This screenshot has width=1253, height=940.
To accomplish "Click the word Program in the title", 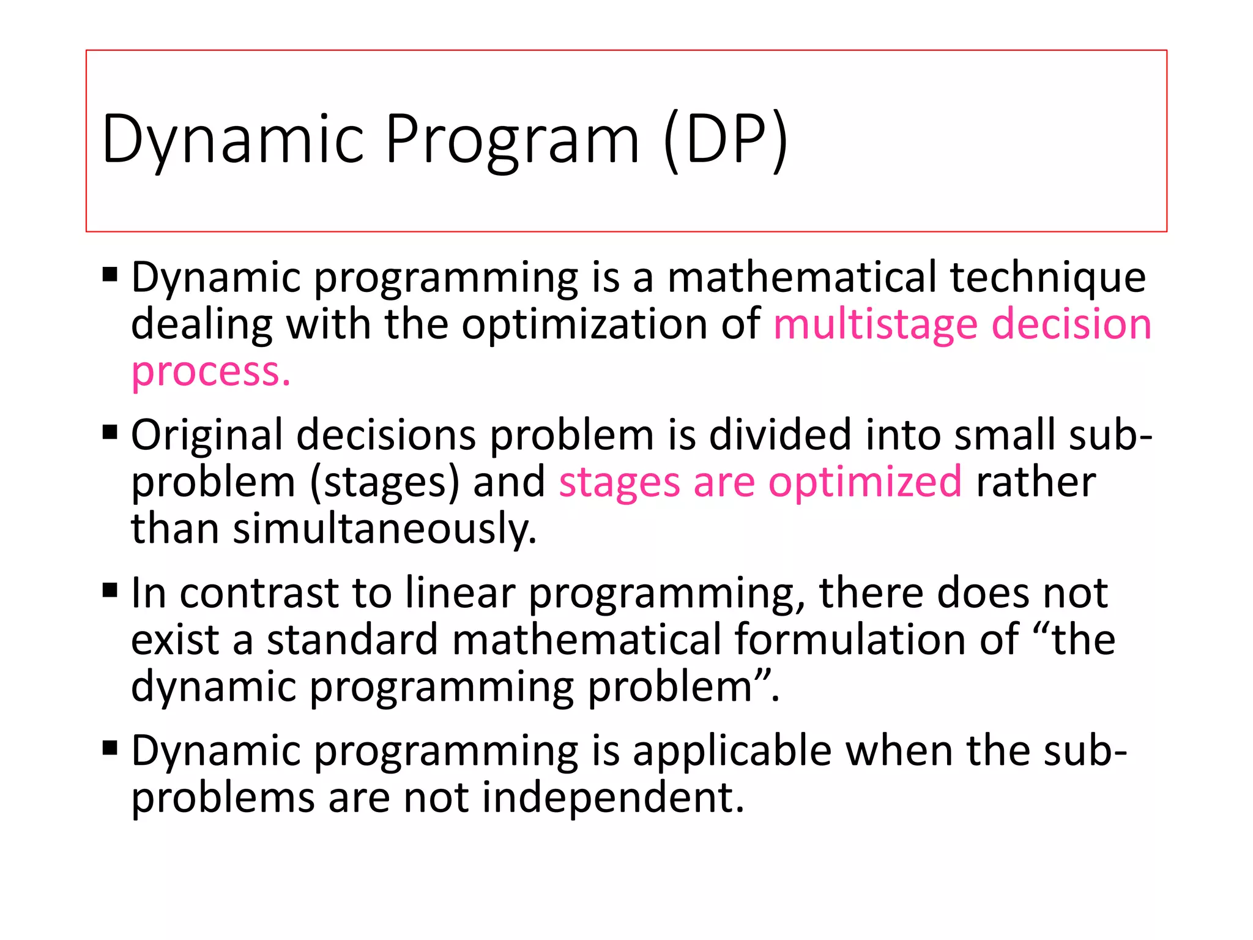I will [x=512, y=140].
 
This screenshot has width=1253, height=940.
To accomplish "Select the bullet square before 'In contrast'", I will [x=110, y=591].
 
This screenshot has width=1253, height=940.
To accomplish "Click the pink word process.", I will [x=210, y=372].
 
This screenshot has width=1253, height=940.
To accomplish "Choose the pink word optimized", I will [x=865, y=482].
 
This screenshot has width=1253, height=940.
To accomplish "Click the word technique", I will [x=1047, y=277].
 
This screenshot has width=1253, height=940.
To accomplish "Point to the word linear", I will [x=460, y=593].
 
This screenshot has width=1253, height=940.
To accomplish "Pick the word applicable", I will [x=732, y=751].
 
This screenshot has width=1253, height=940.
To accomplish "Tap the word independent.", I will [x=613, y=798].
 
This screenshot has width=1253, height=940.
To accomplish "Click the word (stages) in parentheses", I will [x=384, y=482].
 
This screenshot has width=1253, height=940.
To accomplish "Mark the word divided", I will [x=780, y=435].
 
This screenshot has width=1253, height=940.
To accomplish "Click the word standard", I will [x=352, y=640].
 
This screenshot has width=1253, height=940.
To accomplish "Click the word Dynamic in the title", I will [x=233, y=140].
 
